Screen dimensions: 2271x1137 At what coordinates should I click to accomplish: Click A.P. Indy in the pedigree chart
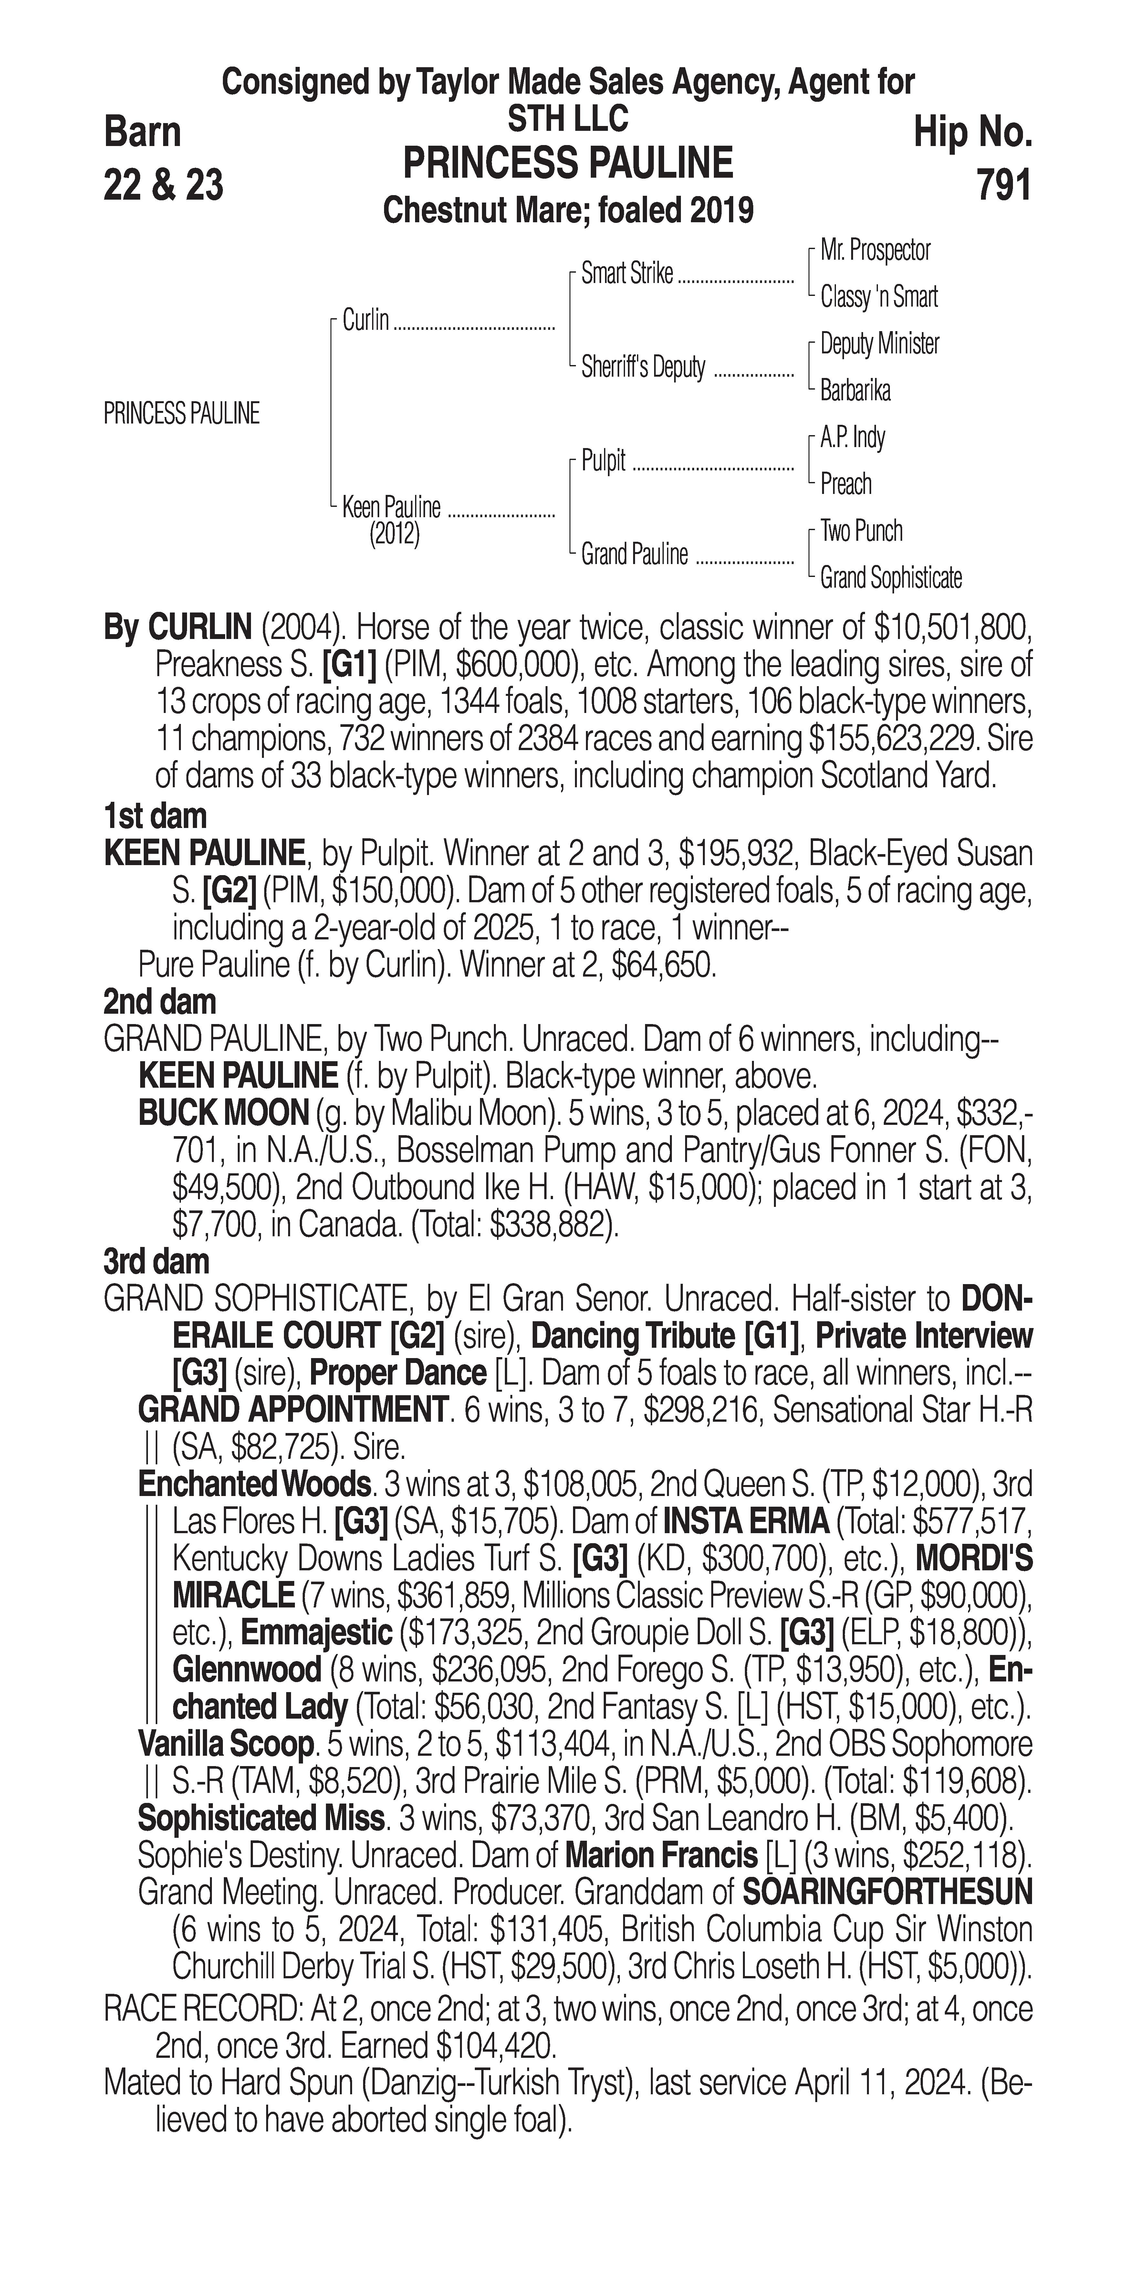tap(852, 437)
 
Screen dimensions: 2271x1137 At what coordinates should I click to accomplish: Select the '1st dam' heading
tap(155, 816)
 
